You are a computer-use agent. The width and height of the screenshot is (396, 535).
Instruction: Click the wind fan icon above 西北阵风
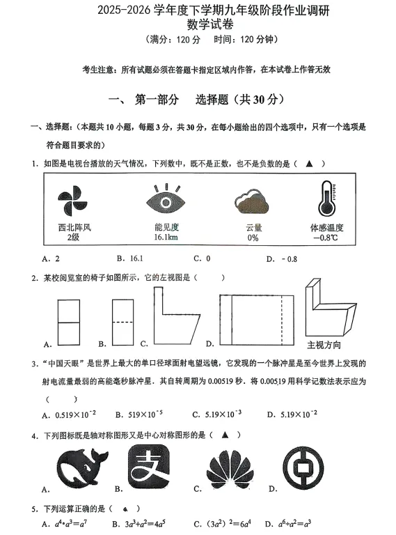(x=73, y=200)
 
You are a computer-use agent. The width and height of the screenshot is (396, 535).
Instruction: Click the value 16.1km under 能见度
(x=166, y=238)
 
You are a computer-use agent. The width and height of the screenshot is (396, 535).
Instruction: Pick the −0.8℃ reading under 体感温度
(x=326, y=238)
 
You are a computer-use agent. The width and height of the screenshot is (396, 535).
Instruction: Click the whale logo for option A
(x=84, y=468)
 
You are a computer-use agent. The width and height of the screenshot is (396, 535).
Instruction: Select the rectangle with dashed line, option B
(x=122, y=322)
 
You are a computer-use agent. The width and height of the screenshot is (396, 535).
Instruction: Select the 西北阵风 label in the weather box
(x=74, y=228)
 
